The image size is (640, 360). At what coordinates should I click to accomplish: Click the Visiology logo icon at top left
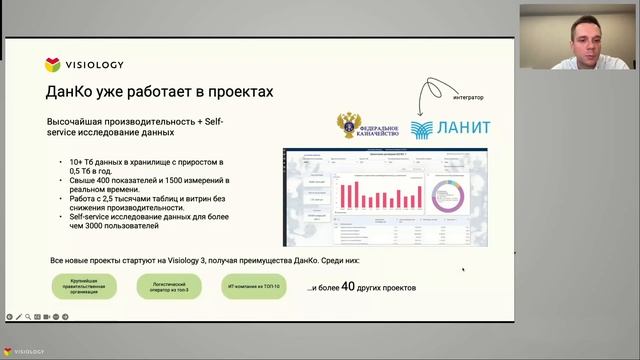pos(53,65)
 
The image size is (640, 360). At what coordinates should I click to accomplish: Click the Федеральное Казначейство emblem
pos(348,127)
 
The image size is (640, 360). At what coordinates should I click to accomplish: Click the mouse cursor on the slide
pos(463,268)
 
